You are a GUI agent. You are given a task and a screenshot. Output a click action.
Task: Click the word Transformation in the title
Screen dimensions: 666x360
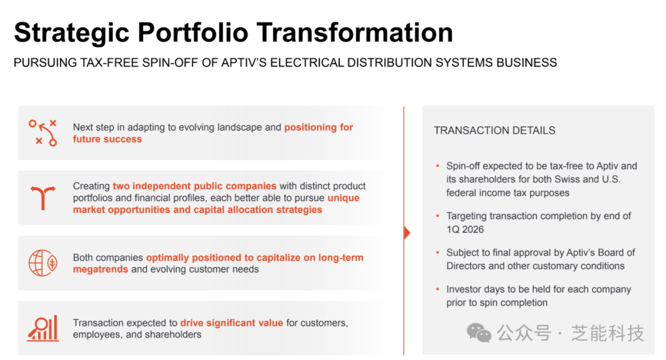[x=355, y=33]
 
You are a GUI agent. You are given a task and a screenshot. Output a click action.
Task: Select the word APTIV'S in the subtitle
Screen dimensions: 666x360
[x=244, y=63]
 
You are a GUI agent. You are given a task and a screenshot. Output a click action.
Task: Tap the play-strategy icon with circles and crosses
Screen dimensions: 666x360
[x=43, y=133]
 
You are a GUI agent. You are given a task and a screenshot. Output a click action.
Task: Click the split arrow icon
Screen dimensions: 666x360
[x=43, y=197]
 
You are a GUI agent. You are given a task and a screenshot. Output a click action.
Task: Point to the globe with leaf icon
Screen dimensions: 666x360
[x=43, y=263]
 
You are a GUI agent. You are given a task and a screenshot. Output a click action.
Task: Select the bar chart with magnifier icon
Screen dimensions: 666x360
[x=43, y=328]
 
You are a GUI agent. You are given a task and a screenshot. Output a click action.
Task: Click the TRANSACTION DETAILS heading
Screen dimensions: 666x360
[x=495, y=130]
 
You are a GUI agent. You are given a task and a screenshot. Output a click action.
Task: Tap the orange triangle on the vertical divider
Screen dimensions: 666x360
[x=407, y=232]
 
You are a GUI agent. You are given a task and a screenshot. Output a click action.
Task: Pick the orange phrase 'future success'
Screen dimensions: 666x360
[x=107, y=139]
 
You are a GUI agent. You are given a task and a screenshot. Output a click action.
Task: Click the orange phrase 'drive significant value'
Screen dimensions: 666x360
[x=231, y=322]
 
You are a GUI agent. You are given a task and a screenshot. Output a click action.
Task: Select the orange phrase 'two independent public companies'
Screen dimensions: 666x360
[x=194, y=186]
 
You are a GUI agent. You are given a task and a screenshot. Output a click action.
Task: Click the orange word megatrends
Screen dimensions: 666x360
[x=101, y=269]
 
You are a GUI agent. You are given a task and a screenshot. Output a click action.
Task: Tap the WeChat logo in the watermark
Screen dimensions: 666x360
[x=479, y=333]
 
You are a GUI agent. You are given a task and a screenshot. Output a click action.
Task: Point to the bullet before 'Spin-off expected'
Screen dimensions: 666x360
[x=437, y=166]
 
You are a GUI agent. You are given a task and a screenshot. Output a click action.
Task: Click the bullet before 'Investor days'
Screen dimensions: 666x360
[x=437, y=289]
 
